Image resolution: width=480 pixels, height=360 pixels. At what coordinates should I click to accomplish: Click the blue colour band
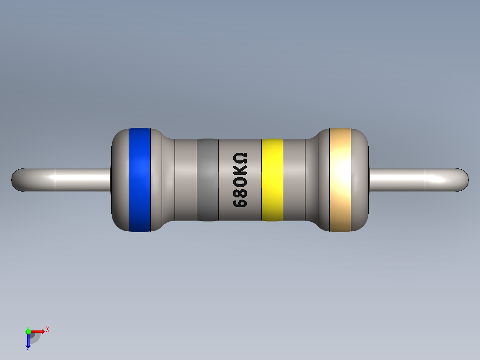tap(139, 180)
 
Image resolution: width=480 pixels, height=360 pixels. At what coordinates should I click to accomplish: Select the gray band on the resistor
tap(207, 180)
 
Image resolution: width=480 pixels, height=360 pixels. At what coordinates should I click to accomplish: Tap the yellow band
tap(272, 180)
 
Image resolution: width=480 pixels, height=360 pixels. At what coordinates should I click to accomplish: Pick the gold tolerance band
tap(340, 180)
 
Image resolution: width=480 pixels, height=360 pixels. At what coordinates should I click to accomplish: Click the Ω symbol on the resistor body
tap(240, 159)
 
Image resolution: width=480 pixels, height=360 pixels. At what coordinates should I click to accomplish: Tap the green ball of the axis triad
tap(28, 331)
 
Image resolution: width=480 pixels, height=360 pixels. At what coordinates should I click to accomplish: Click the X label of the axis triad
tap(47, 329)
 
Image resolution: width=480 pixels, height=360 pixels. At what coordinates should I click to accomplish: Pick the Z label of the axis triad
tap(28, 350)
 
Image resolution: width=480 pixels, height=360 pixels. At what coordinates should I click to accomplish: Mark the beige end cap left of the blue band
tap(119, 180)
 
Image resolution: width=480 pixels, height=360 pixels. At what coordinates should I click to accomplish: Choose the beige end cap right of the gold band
tap(361, 180)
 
